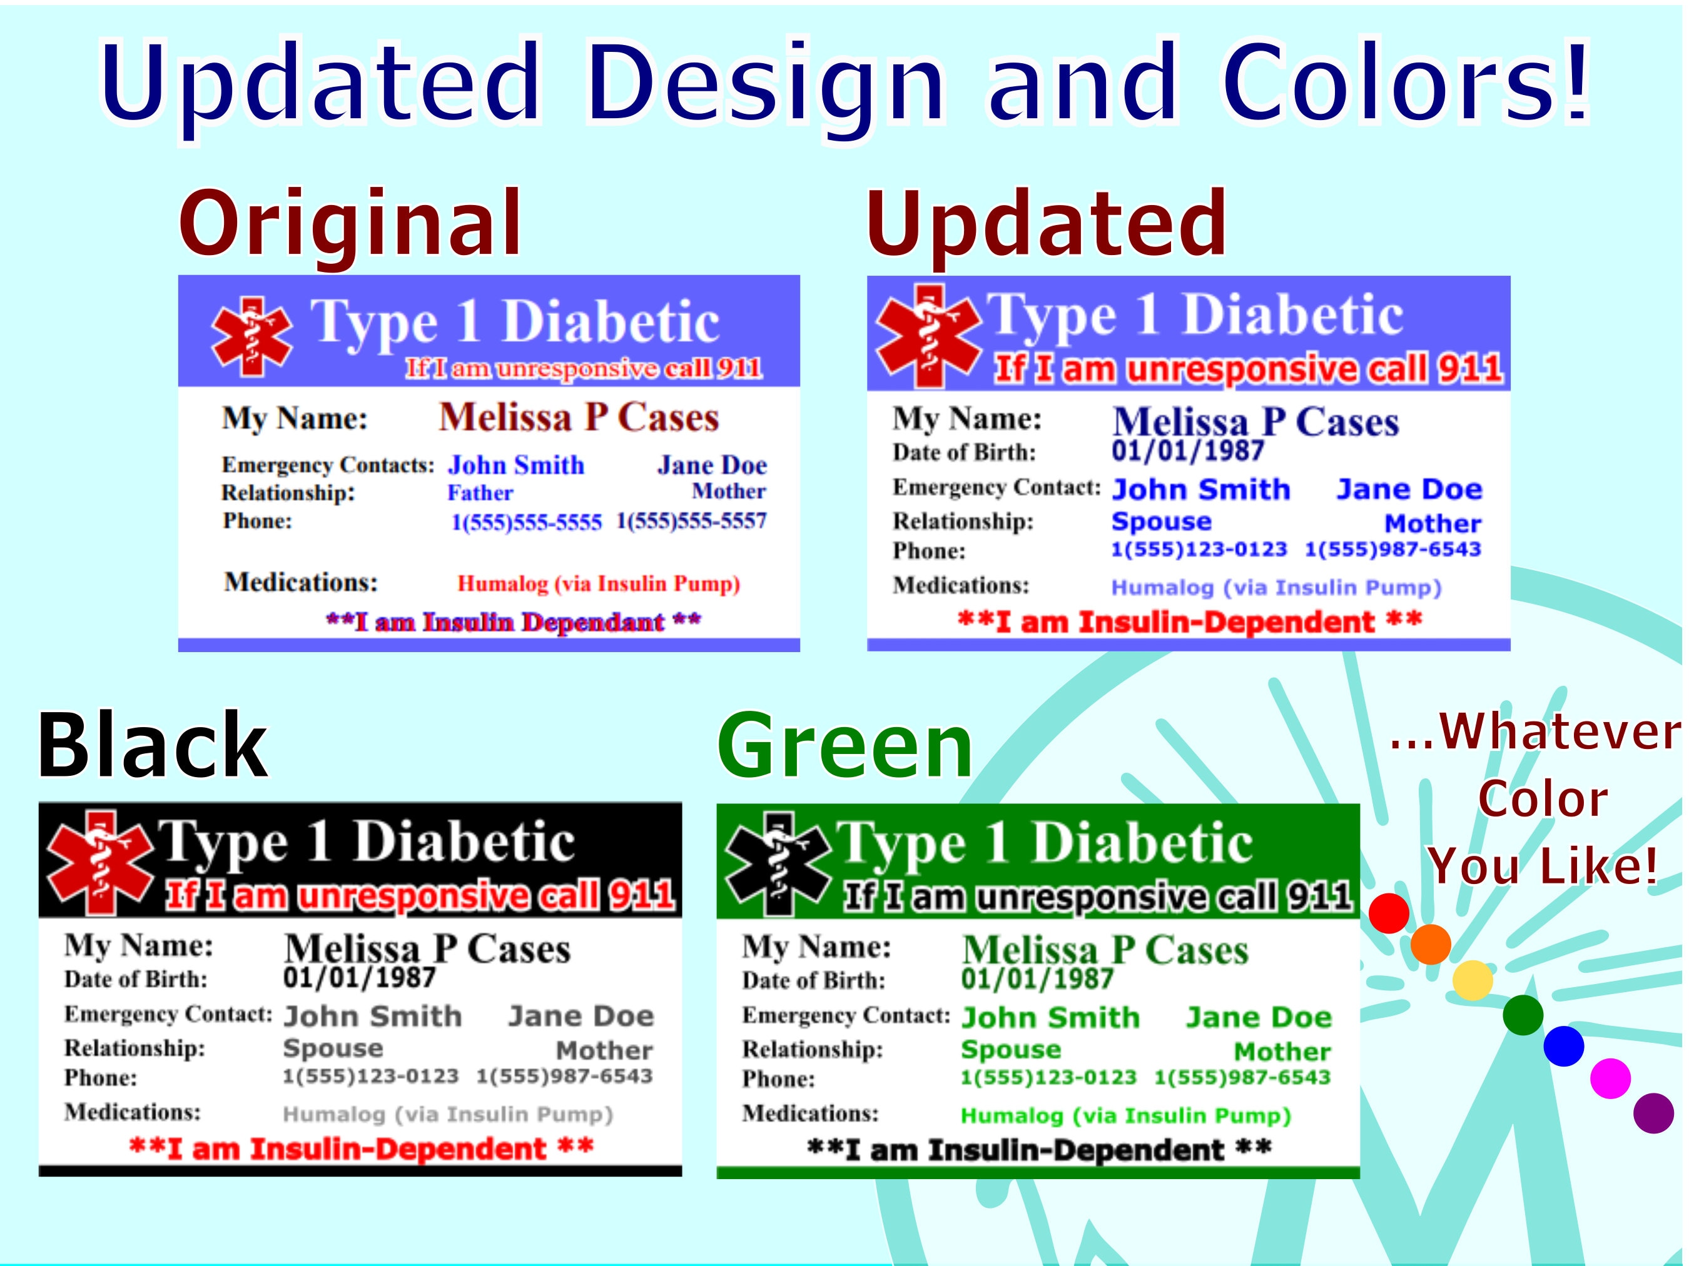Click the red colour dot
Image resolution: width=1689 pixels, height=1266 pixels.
coord(1389,913)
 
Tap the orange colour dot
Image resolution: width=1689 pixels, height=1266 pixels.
coord(1431,945)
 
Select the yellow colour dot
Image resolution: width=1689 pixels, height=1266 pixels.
coord(1472,980)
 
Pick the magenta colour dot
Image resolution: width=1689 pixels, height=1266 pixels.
coord(1610,1078)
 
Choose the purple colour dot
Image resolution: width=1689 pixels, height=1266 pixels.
coord(1653,1113)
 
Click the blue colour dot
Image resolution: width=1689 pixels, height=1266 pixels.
coord(1564,1045)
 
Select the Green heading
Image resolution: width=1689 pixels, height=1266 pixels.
coord(844,746)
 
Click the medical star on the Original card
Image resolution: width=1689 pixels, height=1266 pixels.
coord(251,336)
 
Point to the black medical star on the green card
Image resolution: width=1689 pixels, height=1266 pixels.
coord(778,864)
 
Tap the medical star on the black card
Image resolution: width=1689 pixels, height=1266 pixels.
coord(100,862)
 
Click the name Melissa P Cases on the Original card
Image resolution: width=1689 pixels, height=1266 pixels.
coord(578,418)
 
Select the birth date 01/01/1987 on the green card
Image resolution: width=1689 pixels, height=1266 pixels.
coord(1037,979)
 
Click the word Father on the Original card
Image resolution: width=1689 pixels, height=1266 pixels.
coord(480,493)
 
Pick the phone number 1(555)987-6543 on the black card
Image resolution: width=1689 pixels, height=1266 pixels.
coord(564,1076)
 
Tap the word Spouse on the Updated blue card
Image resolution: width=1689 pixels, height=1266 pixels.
coord(1160,521)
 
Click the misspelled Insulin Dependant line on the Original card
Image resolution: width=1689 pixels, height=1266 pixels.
coord(513,622)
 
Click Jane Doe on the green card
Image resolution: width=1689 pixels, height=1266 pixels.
coord(1259,1017)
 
